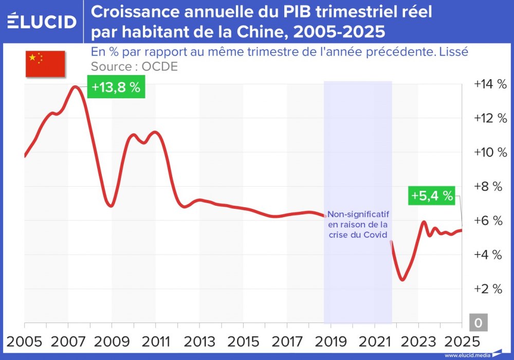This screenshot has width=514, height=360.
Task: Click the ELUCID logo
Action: tap(42, 21)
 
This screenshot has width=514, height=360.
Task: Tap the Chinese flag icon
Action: tap(45, 64)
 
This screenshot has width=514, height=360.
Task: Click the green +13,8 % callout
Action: tap(116, 87)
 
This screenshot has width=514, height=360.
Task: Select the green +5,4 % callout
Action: tap(432, 195)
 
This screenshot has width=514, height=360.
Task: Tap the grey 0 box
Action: tap(478, 322)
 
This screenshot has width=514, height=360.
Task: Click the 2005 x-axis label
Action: tap(25, 341)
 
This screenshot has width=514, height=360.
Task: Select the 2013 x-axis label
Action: tap(199, 341)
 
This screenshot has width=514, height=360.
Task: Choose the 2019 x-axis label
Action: tap(331, 341)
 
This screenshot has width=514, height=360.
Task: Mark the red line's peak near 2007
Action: tap(76, 87)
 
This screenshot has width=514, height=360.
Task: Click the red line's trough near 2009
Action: tap(110, 206)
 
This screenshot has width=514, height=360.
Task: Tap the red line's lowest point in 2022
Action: tap(402, 279)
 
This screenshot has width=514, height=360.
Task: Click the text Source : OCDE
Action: tap(134, 67)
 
